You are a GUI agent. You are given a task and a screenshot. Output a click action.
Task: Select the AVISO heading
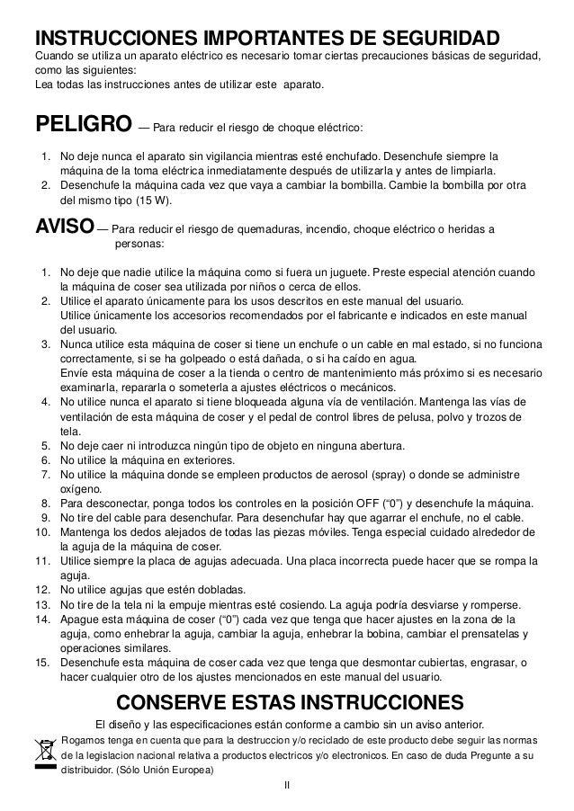tap(62, 227)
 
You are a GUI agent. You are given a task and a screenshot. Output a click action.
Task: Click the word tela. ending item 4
tap(70, 430)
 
